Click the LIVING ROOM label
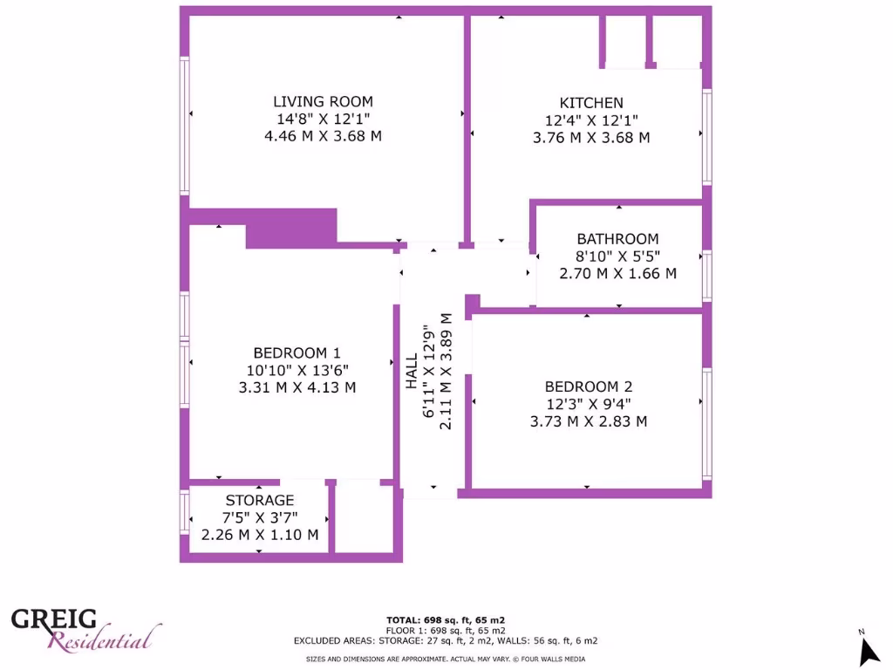[323, 102]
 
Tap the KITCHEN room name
[591, 103]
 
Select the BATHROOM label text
[617, 239]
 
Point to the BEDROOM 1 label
[297, 353]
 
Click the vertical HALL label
[411, 371]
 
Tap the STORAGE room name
[260, 501]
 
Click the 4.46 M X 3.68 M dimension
[323, 136]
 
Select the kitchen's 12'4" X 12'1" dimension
[591, 120]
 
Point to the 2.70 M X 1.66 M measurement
[617, 273]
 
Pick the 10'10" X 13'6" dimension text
[297, 371]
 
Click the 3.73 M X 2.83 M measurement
[588, 421]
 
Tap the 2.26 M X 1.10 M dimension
[260, 535]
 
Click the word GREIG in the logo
[54, 619]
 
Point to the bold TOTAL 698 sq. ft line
[446, 619]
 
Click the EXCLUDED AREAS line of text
[446, 640]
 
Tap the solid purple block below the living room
[291, 229]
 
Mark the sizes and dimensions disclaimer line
[446, 660]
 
